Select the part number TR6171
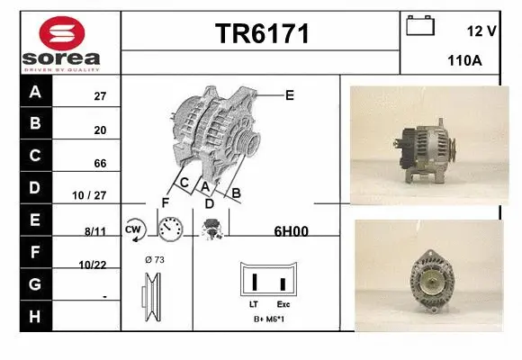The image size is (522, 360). point(261,34)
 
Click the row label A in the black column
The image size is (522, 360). point(35,92)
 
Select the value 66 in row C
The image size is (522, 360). point(100,163)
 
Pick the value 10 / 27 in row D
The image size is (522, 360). point(93,195)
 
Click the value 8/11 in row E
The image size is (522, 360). point(95,231)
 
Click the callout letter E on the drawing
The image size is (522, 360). point(290,94)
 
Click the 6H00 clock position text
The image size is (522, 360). point(291,230)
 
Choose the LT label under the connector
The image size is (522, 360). point(254,305)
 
